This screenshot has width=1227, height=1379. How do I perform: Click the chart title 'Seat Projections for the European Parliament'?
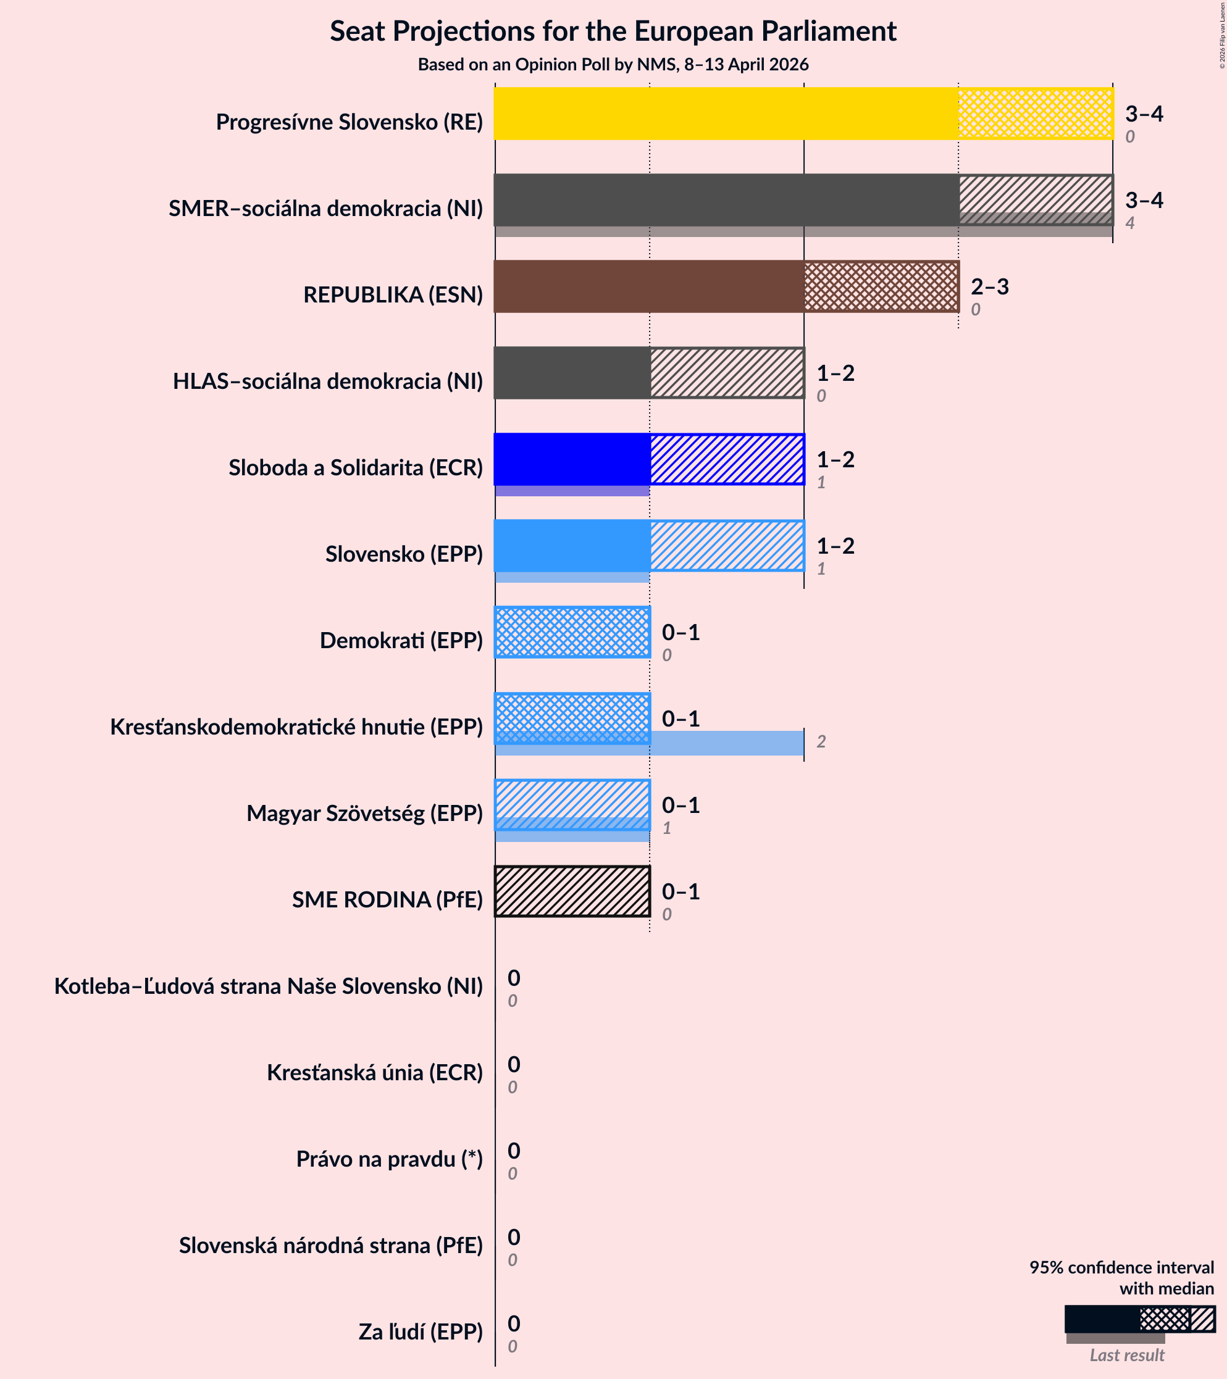click(x=613, y=31)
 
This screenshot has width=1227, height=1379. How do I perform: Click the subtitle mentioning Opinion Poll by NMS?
click(x=613, y=65)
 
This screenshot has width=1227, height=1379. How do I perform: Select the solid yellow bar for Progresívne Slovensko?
click(x=726, y=114)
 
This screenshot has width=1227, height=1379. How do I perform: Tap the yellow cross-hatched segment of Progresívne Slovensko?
click(x=1035, y=114)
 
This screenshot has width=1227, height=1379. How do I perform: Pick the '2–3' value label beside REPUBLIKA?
click(x=989, y=287)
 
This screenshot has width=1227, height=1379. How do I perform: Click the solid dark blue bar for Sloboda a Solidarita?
click(x=572, y=459)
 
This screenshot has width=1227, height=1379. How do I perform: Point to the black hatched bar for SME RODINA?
click(x=572, y=891)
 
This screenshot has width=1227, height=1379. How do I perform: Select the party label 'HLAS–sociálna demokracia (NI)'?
click(x=328, y=381)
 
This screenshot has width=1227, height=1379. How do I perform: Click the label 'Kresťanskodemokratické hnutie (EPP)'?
click(x=296, y=727)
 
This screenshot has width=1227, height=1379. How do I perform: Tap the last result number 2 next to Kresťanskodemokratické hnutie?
click(x=821, y=742)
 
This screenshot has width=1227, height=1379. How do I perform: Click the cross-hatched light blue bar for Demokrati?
click(x=572, y=632)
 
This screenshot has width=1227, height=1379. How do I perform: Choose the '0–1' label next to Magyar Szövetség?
click(x=681, y=805)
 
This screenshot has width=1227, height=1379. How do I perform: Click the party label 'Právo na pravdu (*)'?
click(x=390, y=1159)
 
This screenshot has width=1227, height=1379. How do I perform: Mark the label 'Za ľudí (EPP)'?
click(x=421, y=1331)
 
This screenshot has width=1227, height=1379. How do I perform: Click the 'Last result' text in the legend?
click(x=1126, y=1355)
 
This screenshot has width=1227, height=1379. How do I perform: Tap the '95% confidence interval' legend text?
click(x=1121, y=1267)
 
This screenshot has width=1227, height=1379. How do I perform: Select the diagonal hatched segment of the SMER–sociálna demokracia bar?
click(x=1035, y=196)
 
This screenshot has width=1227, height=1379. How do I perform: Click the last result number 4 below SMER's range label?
click(x=1130, y=223)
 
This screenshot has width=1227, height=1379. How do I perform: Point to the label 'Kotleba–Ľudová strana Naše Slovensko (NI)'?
click(x=269, y=986)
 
